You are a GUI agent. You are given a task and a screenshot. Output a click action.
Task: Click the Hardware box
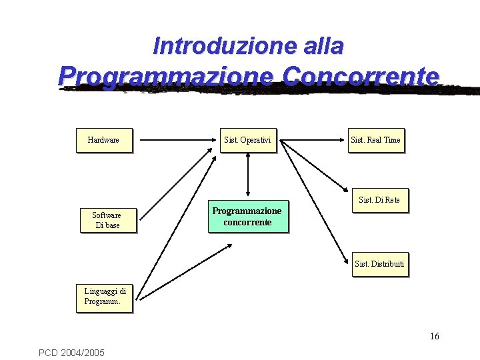click(x=103, y=140)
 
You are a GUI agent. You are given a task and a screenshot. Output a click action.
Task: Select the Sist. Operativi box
click(x=248, y=140)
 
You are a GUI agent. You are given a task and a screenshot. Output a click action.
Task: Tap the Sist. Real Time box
click(x=375, y=140)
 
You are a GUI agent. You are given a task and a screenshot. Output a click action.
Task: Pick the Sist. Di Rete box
click(x=379, y=200)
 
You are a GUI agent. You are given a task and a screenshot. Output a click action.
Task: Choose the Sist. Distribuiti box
click(x=379, y=264)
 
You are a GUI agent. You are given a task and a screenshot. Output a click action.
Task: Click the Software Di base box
click(x=107, y=220)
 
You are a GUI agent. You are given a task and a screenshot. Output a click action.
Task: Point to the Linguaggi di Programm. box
click(x=105, y=297)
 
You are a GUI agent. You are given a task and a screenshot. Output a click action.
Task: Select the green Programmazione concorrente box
click(x=247, y=217)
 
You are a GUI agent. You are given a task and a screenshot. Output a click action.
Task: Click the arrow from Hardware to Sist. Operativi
click(x=177, y=141)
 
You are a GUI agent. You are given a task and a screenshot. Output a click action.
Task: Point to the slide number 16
click(x=435, y=336)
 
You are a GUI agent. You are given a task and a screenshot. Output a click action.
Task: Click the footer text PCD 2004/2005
click(x=71, y=352)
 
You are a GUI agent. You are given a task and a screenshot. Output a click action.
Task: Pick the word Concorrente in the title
click(x=361, y=75)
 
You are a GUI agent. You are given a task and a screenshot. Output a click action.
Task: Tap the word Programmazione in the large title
click(x=165, y=75)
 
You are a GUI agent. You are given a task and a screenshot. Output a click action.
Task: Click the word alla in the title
click(x=323, y=46)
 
